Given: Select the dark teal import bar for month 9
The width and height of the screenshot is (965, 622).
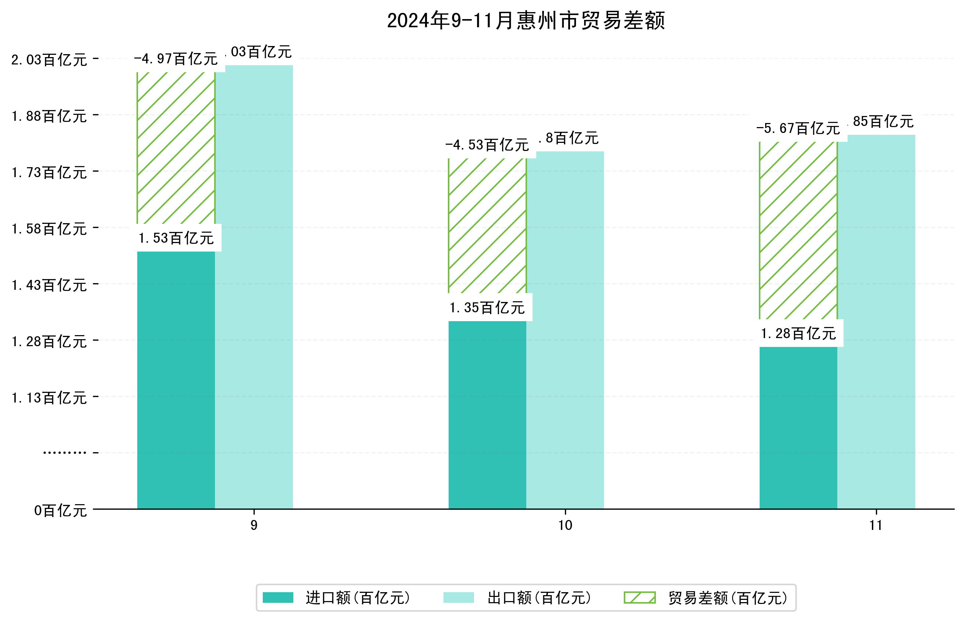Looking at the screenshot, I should click(x=176, y=380).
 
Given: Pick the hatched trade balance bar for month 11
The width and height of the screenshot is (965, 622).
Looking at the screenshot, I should click(x=798, y=230).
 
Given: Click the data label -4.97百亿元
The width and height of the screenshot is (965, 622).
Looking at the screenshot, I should click(x=176, y=59).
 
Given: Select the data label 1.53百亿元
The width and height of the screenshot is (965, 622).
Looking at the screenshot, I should click(x=176, y=238).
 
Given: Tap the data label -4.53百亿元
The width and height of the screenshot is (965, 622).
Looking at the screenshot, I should click(x=487, y=145).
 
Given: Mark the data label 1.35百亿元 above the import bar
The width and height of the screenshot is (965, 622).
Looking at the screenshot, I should click(x=487, y=308).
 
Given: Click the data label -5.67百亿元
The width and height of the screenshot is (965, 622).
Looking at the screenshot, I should click(x=798, y=129).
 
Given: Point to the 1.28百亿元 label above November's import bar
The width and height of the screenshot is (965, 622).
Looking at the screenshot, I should click(x=798, y=334).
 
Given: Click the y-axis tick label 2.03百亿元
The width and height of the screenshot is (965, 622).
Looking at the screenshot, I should click(x=49, y=60).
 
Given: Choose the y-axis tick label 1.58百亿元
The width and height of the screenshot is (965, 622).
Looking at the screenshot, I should click(x=49, y=229).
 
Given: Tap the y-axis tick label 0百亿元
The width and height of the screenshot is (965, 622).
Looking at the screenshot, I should click(x=60, y=510).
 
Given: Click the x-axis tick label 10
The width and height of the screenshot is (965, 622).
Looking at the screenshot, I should click(x=565, y=526).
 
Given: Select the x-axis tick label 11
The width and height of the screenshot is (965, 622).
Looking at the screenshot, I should click(x=876, y=526).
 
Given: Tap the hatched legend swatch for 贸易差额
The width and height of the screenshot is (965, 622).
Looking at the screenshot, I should click(x=640, y=598).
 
